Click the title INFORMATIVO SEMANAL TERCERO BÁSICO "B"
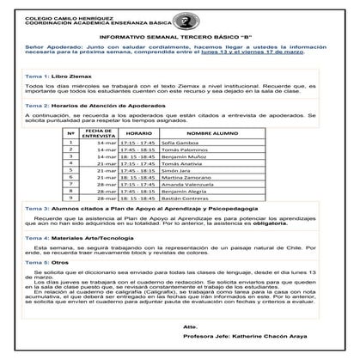180,39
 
